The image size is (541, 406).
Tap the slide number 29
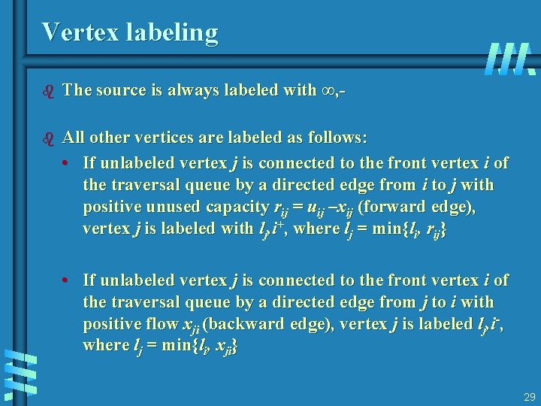[529, 396]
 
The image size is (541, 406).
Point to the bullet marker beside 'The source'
[49, 91]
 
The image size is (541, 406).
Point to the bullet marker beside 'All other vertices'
[49, 139]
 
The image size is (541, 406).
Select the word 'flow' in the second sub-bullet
[154, 324]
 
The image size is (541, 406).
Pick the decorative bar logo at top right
[510, 59]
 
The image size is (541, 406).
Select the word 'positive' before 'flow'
[107, 324]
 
